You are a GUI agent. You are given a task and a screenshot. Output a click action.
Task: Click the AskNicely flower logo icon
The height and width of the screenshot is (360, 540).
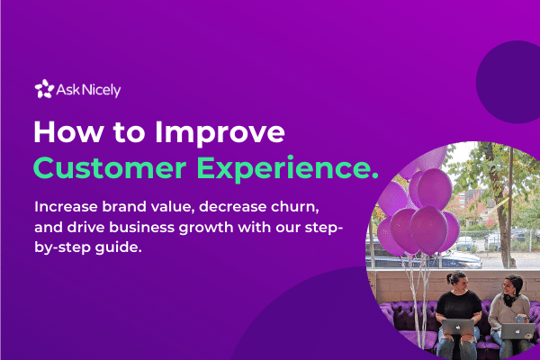[x=43, y=89]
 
